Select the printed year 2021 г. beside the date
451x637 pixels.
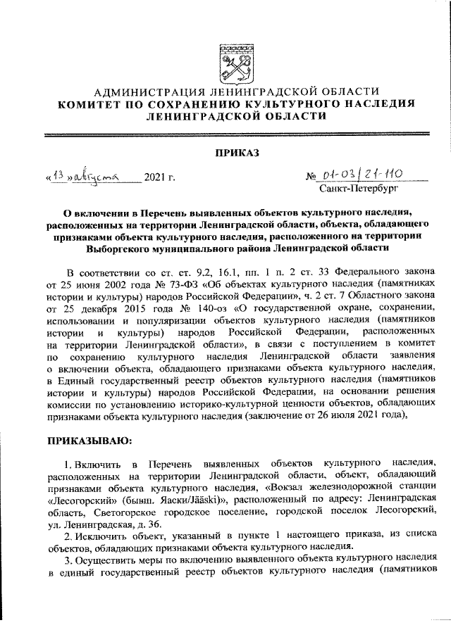159,177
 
